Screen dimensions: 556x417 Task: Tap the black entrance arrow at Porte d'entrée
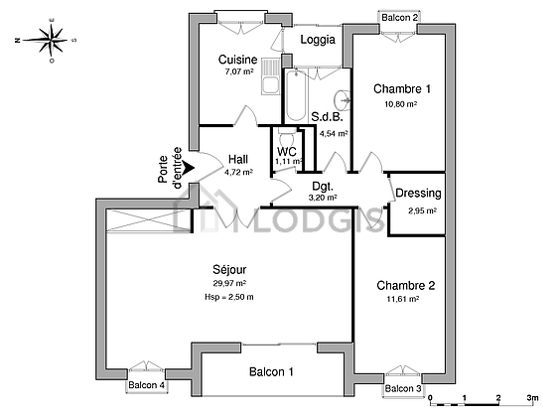pyautogui.click(x=189, y=168)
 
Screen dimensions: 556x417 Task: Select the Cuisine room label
pyautogui.click(x=237, y=60)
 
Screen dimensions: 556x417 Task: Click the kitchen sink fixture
pyautogui.click(x=270, y=76)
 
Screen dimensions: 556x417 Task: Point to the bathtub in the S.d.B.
pyautogui.click(x=296, y=95)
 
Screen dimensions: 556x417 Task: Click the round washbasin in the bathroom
pyautogui.click(x=343, y=99)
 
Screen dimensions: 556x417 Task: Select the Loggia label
pyautogui.click(x=318, y=40)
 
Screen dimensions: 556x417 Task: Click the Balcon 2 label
pyautogui.click(x=399, y=18)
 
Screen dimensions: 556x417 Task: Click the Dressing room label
pyautogui.click(x=418, y=194)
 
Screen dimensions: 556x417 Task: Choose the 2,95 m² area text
pyautogui.click(x=422, y=210)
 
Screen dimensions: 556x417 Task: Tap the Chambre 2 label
pyautogui.click(x=406, y=286)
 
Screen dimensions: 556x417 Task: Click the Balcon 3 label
pyautogui.click(x=403, y=388)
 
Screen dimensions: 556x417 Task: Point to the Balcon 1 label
pyautogui.click(x=271, y=372)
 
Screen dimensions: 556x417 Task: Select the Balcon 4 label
pyautogui.click(x=147, y=385)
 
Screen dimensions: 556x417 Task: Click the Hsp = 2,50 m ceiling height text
pyautogui.click(x=229, y=297)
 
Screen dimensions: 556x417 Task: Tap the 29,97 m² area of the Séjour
pyautogui.click(x=229, y=283)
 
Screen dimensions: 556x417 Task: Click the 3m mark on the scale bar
pyautogui.click(x=532, y=398)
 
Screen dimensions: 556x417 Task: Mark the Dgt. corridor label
pyautogui.click(x=323, y=187)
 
